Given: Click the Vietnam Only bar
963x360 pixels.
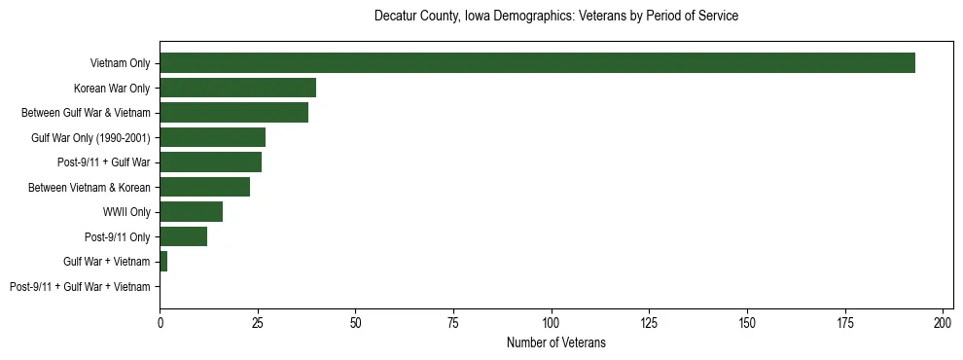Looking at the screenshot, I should tap(537, 63).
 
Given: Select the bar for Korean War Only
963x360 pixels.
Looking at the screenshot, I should tap(237, 88).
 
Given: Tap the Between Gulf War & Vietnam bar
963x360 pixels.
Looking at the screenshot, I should tap(233, 113).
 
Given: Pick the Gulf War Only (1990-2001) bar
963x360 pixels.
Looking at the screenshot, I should tap(212, 137).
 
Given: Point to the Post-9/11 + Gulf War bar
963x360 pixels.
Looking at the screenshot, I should tap(210, 162).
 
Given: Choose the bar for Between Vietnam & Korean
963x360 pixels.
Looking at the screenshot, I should tap(204, 187).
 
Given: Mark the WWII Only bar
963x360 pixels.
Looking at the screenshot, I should tap(191, 212).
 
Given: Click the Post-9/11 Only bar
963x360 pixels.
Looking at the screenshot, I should tap(183, 236).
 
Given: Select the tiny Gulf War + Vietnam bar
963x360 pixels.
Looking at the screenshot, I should tap(163, 262).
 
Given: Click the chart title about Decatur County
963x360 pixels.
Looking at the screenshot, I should tap(556, 17).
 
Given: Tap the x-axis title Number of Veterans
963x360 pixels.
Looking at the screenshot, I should tap(556, 342).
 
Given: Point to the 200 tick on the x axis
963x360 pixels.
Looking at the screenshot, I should tap(943, 322).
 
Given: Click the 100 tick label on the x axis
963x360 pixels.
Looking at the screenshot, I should tap(552, 322).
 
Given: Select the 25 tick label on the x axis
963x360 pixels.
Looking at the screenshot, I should tap(258, 322).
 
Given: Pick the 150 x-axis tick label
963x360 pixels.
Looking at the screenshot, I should tap(747, 322).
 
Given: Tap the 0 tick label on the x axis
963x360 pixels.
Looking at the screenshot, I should tap(160, 322).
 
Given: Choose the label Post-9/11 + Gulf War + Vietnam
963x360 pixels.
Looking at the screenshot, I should tap(80, 287).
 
